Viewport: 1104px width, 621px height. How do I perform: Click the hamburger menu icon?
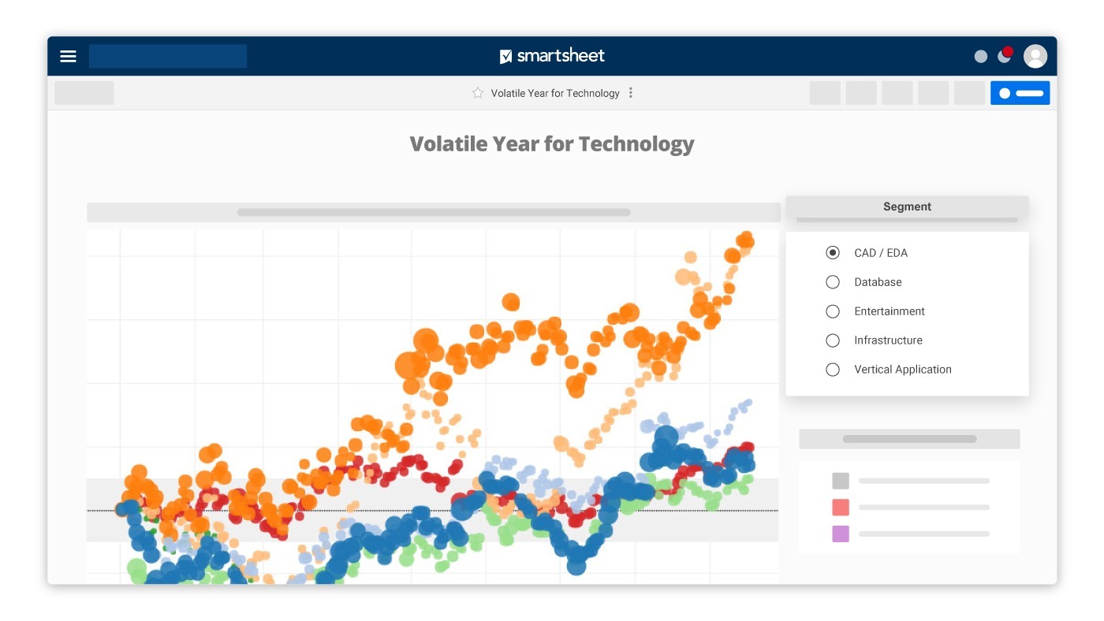[x=69, y=56]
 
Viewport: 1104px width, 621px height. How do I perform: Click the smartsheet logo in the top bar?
[x=552, y=56]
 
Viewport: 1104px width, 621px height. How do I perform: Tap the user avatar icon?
[x=1035, y=56]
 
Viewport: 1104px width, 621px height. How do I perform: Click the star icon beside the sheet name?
[x=478, y=93]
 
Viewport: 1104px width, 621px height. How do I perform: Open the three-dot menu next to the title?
[x=630, y=93]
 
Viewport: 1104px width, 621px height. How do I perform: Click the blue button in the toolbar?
[x=1020, y=93]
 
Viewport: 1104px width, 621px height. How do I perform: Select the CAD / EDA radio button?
[x=833, y=253]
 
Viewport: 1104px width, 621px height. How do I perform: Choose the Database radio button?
[x=833, y=282]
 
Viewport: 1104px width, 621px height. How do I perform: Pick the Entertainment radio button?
[x=833, y=311]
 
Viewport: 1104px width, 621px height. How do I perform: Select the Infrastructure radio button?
[x=833, y=340]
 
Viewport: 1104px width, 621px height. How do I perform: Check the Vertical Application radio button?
[x=833, y=370]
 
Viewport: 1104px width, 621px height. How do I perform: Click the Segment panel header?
[x=907, y=206]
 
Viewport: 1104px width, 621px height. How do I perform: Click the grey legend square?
[x=841, y=481]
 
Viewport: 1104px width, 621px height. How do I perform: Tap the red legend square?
[x=841, y=508]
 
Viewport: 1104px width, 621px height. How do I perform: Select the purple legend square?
[x=841, y=534]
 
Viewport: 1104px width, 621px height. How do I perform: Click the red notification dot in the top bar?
[x=1008, y=52]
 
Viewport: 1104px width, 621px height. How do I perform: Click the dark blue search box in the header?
[x=168, y=56]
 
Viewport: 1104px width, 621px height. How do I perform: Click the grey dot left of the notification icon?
[x=981, y=57]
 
